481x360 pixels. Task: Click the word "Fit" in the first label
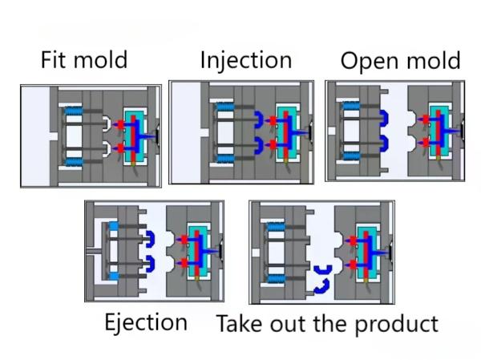(x=56, y=60)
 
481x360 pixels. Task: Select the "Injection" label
(x=245, y=60)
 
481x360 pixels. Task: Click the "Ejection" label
(x=146, y=322)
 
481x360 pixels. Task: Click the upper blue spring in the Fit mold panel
(x=75, y=109)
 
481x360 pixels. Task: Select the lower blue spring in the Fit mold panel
(x=75, y=164)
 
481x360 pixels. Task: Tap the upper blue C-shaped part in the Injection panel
(x=260, y=120)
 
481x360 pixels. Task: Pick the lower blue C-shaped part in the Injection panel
(x=260, y=146)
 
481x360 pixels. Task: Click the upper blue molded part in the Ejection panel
(x=150, y=238)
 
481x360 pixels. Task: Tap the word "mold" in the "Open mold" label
(x=433, y=62)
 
